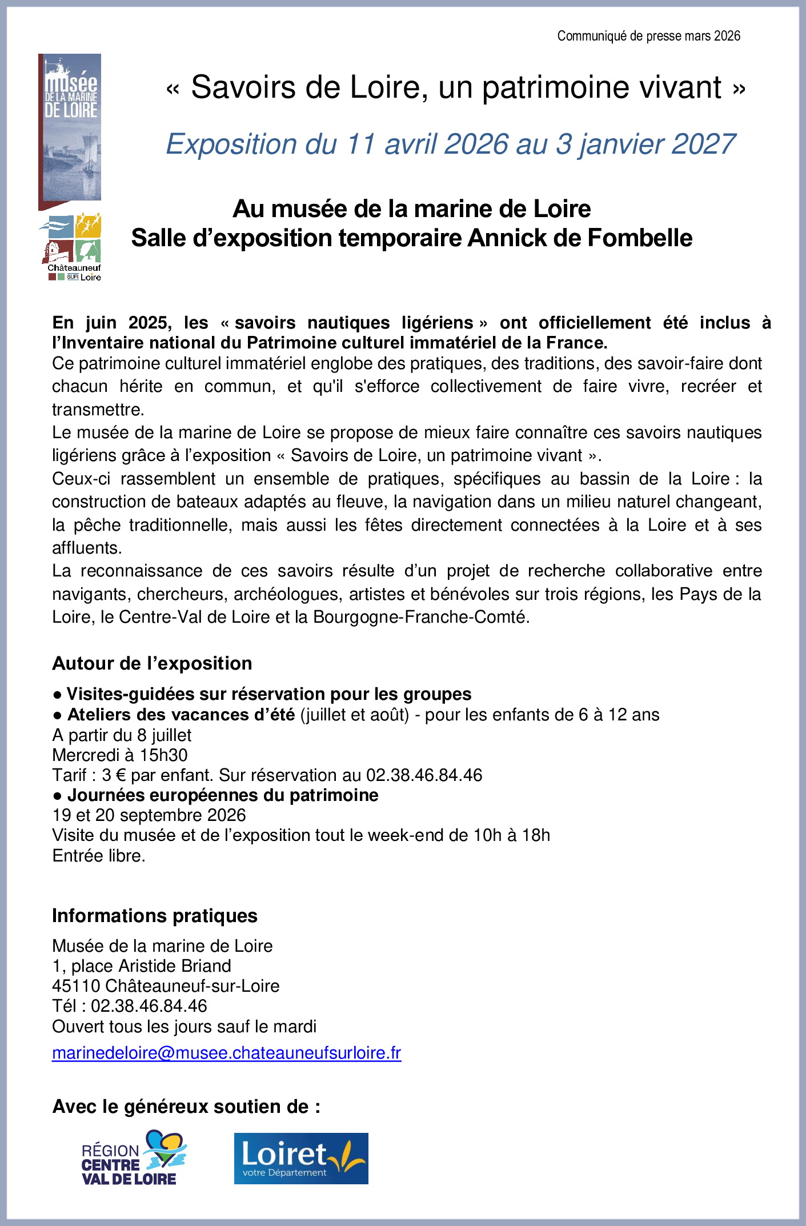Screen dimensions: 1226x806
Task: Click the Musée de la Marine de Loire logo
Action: pos(70,129)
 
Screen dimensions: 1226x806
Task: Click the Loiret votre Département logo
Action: pos(301,1158)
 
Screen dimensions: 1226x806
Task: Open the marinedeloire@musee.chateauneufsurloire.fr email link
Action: pos(226,1052)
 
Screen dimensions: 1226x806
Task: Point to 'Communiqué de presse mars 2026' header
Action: pos(648,36)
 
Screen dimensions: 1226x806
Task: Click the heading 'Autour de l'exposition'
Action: pos(152,663)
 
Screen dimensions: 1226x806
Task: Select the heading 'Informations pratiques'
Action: pos(154,916)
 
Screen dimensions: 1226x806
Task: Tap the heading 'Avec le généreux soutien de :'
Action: pos(186,1107)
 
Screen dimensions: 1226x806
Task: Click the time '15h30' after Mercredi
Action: pos(163,755)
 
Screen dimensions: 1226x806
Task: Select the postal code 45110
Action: pos(76,986)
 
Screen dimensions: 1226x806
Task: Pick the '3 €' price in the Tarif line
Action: pos(114,775)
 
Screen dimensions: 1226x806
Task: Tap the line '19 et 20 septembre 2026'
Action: pos(149,815)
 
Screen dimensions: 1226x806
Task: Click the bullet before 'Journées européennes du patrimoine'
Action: pos(57,796)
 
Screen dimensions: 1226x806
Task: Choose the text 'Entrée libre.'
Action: pos(99,856)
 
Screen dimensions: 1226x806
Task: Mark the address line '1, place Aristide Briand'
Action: pos(142,966)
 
